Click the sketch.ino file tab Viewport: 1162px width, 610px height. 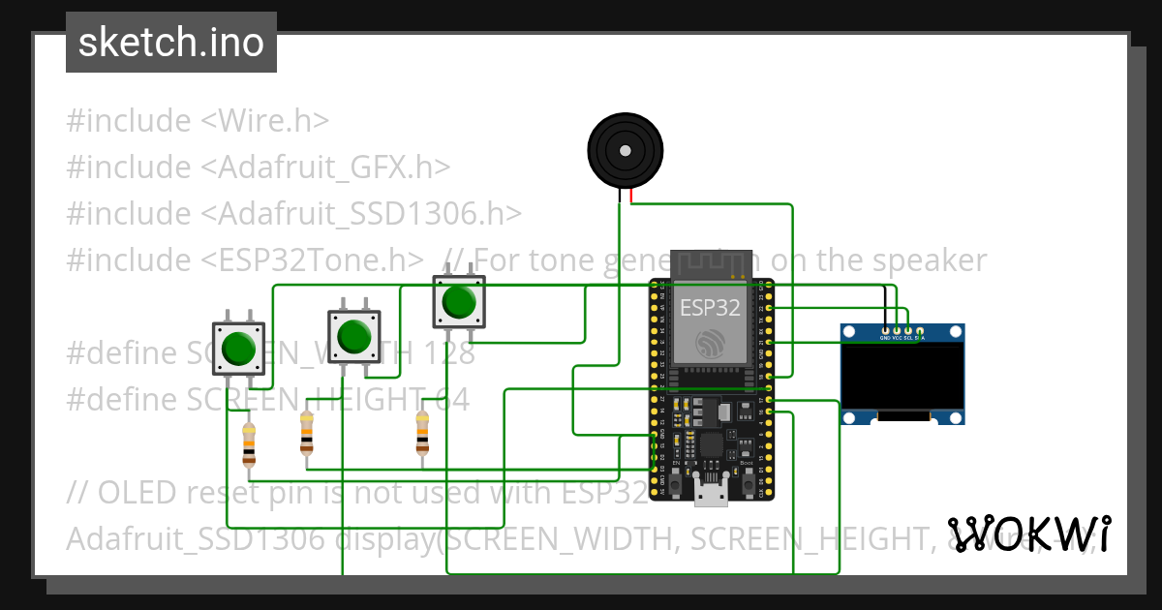coord(170,43)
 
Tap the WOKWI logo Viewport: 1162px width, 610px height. coord(1028,534)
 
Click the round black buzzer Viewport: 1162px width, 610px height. coord(626,151)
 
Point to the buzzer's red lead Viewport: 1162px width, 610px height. coord(631,197)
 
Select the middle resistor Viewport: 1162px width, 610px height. coord(307,433)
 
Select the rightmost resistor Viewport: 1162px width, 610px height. coord(422,433)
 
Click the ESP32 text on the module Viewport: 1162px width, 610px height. coord(710,308)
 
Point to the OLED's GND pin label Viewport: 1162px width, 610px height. coord(884,338)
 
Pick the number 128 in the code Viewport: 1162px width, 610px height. coord(447,353)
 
